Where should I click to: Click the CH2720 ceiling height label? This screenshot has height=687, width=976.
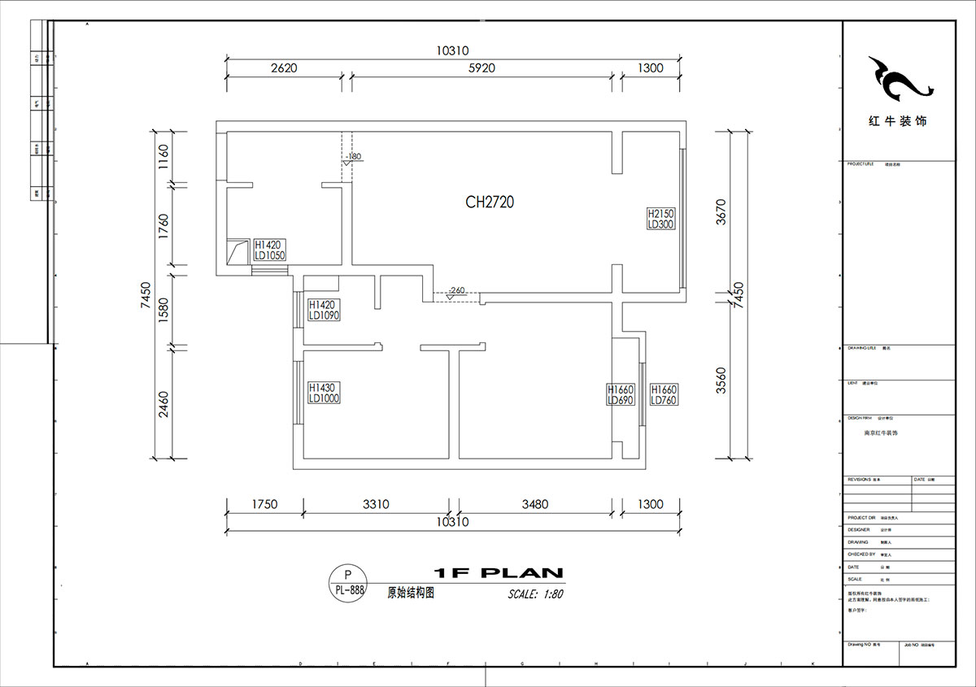489,202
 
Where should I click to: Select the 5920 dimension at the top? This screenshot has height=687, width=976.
481,68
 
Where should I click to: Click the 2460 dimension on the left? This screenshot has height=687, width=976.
163,404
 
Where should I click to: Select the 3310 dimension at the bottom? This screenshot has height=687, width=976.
375,504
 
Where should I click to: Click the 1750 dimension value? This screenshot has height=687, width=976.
263,504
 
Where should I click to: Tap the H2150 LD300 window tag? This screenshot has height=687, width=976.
660,219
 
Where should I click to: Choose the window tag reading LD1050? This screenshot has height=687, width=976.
269,250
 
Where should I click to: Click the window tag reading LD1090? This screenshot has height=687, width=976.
323,310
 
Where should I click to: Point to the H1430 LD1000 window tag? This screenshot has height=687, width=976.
323,394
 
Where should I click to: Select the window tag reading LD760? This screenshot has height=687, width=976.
664,395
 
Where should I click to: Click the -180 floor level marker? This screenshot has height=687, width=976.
352,157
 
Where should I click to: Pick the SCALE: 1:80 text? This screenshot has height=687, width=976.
535,594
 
